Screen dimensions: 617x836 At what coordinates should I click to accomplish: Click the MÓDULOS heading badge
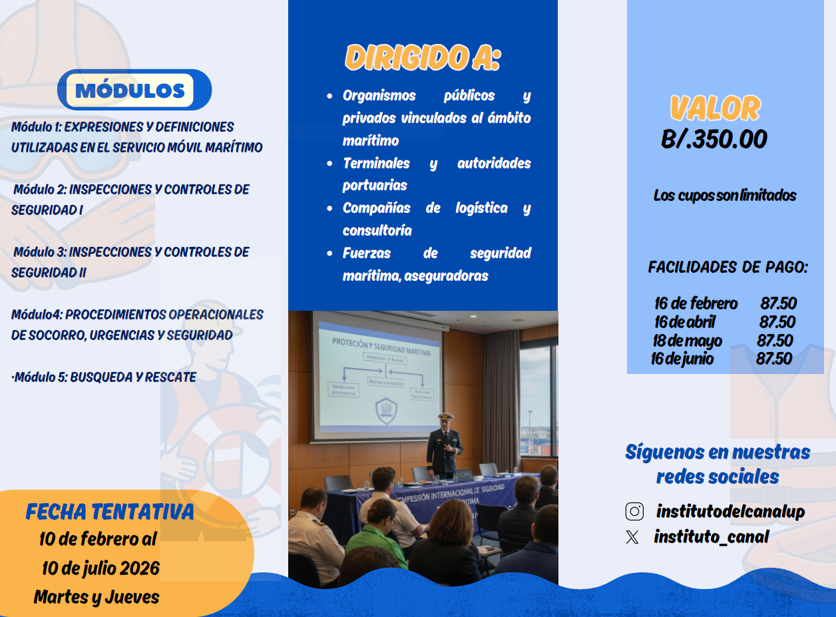(130, 91)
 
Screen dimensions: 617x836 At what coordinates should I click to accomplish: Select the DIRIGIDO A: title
(422, 59)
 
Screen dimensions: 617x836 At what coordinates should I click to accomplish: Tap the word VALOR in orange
(715, 108)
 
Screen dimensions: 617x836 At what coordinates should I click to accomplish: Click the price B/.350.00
(714, 139)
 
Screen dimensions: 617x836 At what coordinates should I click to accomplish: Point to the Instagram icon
(634, 511)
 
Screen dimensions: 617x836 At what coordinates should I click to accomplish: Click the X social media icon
(632, 537)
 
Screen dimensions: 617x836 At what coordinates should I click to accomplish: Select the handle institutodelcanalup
(730, 511)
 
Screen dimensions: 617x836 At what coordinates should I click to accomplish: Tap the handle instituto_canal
(711, 536)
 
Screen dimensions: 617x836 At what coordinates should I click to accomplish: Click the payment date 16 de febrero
(696, 304)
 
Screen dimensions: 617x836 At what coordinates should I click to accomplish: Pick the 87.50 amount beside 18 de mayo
(775, 341)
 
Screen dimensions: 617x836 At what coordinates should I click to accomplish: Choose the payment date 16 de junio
(682, 359)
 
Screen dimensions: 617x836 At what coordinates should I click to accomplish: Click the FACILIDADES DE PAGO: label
(728, 268)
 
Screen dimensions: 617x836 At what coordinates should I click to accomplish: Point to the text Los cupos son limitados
(725, 196)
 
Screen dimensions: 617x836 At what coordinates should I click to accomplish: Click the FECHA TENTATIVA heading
(110, 511)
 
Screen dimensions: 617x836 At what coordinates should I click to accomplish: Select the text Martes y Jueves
(97, 597)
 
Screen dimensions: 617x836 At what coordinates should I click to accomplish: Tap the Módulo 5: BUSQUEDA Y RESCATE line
(104, 377)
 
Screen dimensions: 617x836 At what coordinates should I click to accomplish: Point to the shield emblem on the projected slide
(387, 410)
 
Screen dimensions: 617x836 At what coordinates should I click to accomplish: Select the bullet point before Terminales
(329, 164)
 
